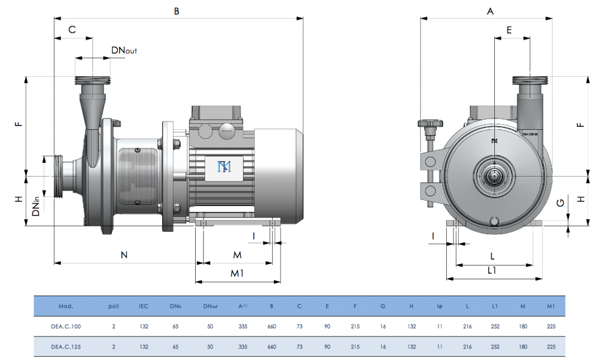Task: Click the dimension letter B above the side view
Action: coord(177,11)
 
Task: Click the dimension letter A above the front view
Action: coord(490,11)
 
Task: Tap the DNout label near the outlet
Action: coord(124,50)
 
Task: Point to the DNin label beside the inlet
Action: coord(37,204)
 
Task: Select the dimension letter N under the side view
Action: coord(124,255)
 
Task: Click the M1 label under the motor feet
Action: coord(237,274)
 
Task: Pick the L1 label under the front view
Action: coord(491,270)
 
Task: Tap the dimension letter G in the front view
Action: coord(560,204)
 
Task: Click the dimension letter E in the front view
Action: coord(509,30)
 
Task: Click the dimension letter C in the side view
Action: coord(72,29)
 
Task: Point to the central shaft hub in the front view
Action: coord(494,175)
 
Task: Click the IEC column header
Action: coord(144,306)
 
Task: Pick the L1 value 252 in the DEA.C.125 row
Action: coord(495,347)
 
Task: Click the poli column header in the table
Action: coord(114,306)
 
